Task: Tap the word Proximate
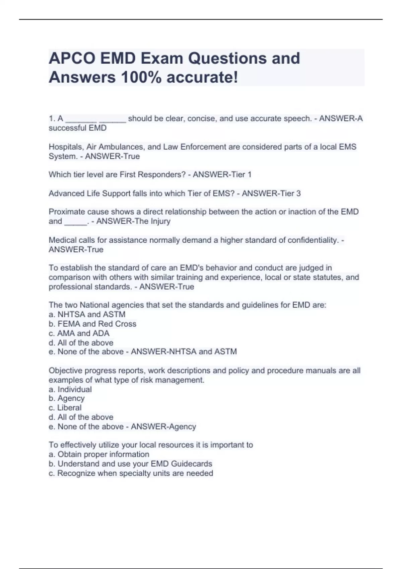click(67, 212)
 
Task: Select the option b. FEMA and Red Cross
click(92, 324)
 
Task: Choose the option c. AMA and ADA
click(79, 333)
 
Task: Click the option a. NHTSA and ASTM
click(87, 314)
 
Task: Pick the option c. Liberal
click(65, 408)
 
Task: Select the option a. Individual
click(70, 389)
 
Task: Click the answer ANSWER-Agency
click(163, 426)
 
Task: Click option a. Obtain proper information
click(99, 454)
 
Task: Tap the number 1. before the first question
click(52, 118)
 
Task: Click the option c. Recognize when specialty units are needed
click(131, 473)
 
